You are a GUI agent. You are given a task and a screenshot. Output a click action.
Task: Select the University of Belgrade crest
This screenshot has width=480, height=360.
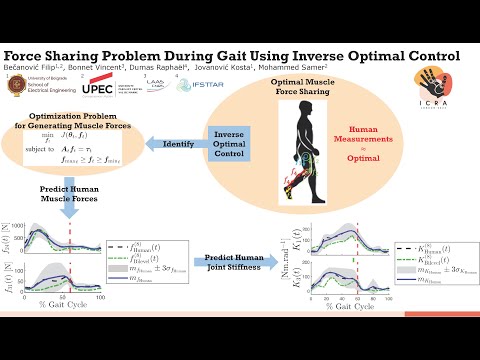pos(14,86)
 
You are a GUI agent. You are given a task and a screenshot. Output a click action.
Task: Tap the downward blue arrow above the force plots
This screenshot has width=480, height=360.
pos(70,207)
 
